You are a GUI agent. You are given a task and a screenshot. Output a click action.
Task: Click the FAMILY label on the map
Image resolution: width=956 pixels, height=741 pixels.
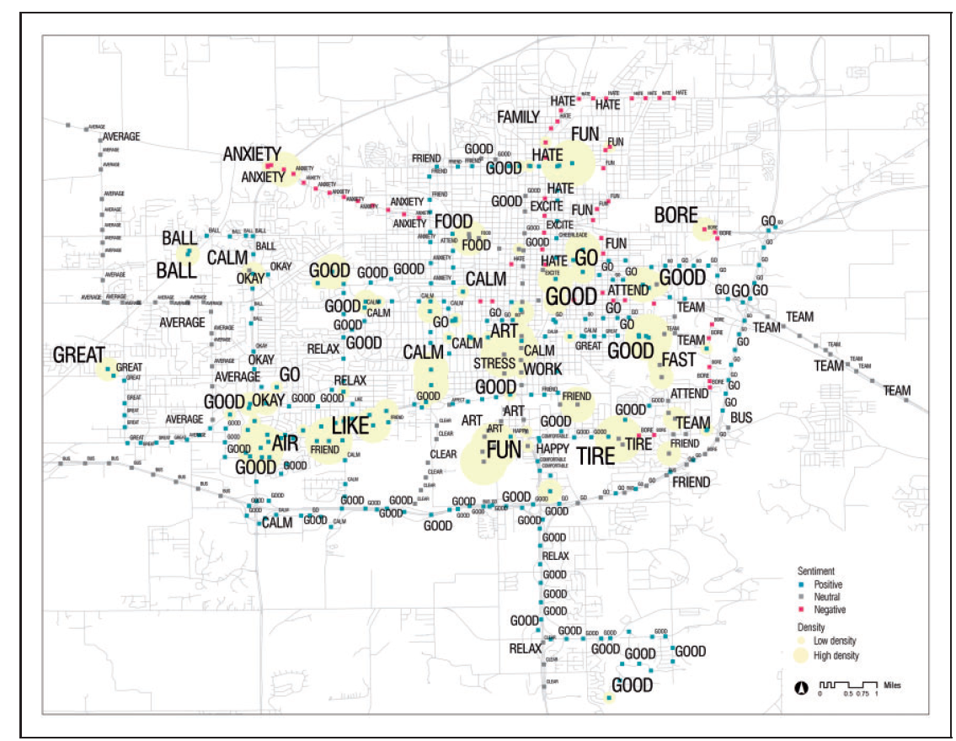click(x=517, y=116)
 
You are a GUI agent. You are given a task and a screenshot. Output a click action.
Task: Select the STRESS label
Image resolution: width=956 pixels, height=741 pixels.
click(x=494, y=364)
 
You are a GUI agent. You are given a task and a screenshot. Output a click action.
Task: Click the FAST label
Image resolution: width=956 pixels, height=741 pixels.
click(x=679, y=360)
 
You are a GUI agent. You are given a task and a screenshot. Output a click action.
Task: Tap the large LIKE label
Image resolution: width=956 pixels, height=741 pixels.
click(x=350, y=426)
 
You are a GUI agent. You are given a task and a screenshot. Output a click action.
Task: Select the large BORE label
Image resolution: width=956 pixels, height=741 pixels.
click(x=676, y=216)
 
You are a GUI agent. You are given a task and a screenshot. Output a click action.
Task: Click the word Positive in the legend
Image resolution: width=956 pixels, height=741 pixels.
click(x=828, y=584)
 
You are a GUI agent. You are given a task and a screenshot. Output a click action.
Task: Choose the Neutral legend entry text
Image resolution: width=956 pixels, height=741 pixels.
click(x=827, y=597)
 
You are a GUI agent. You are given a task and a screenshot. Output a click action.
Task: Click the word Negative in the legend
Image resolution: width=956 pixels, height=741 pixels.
click(x=830, y=610)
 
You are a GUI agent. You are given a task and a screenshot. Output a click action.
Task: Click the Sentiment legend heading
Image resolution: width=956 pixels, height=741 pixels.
click(x=817, y=571)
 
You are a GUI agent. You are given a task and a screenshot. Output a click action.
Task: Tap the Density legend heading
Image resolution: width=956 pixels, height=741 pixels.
click(x=811, y=627)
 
